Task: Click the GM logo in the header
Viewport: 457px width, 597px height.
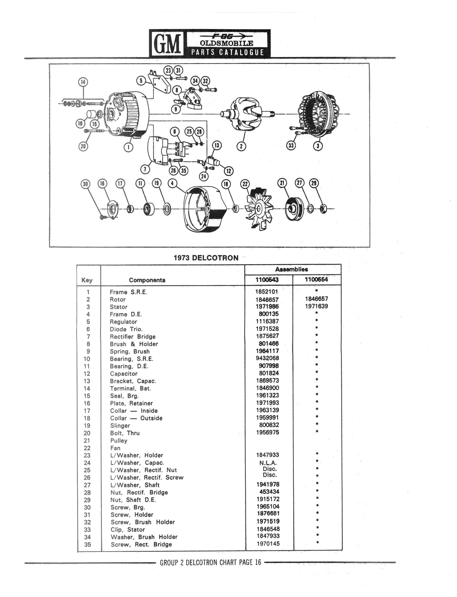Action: [167, 44]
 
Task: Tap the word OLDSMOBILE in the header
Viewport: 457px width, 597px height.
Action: [226, 43]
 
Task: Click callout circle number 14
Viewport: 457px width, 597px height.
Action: [83, 82]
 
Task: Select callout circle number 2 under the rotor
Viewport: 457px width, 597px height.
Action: [241, 146]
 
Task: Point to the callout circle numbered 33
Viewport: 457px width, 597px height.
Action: [291, 146]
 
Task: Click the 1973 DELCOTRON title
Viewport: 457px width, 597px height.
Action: [206, 258]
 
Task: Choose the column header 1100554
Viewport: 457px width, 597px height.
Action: [316, 279]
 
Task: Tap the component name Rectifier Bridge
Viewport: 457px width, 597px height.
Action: [133, 337]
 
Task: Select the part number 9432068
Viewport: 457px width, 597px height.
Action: [267, 358]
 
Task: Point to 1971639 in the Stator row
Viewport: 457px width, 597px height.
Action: [316, 306]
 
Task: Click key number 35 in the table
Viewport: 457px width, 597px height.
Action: [87, 544]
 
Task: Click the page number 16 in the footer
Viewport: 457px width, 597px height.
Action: [258, 562]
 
